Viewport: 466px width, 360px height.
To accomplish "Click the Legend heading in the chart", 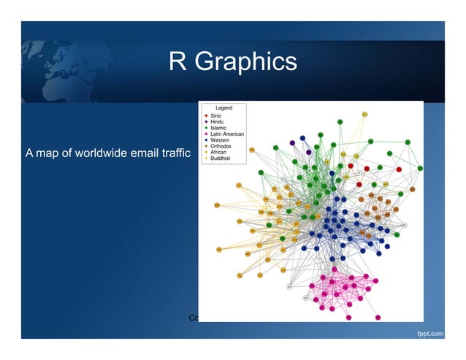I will [x=223, y=108].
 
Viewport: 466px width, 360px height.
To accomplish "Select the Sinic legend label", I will [x=216, y=115].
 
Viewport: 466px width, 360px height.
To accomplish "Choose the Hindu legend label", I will [x=217, y=121].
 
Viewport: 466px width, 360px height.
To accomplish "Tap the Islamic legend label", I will [x=218, y=127].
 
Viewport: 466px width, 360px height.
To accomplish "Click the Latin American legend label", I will [x=227, y=134].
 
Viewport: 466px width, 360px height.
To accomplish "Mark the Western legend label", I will [x=220, y=139].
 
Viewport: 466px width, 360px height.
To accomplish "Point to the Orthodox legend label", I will [x=221, y=145].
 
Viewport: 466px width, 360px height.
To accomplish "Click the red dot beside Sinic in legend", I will [x=205, y=115].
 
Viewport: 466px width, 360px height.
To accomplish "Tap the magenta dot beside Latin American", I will [x=205, y=134].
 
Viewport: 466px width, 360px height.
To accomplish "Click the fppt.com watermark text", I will [x=430, y=334].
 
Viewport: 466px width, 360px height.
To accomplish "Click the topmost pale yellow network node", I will [x=364, y=114].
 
